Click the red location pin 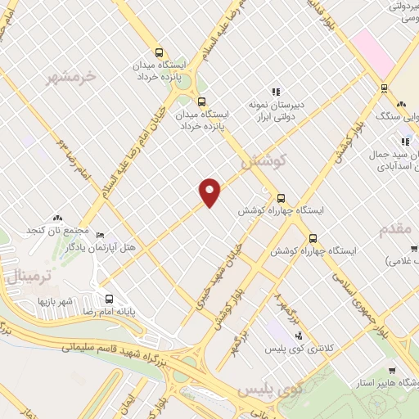210,191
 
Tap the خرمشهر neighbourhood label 68,77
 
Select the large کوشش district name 263,162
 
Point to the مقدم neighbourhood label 399,230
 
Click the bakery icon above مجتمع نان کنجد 56,219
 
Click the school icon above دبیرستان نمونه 276,92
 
